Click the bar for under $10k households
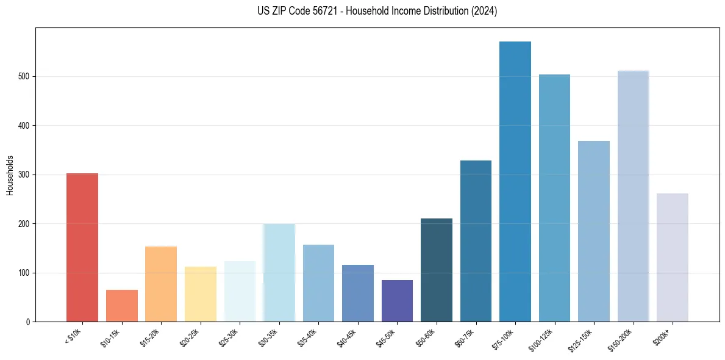click(x=82, y=247)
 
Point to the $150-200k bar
click(x=633, y=196)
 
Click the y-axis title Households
click(x=10, y=175)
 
